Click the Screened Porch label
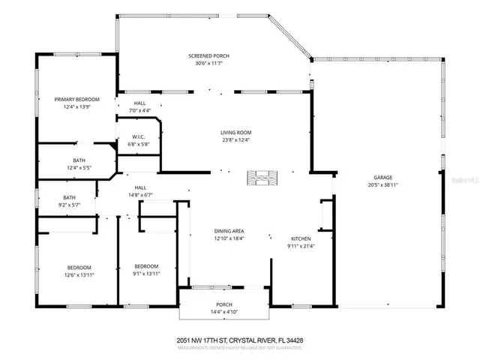[x=209, y=56]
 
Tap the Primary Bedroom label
[x=76, y=99]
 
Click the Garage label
[x=382, y=177]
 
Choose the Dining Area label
[x=228, y=231]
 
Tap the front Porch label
[x=222, y=304]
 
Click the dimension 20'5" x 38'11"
[x=382, y=184]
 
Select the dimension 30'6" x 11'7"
[x=209, y=64]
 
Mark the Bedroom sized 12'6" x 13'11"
[x=79, y=271]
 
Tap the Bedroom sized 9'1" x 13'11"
[x=146, y=270]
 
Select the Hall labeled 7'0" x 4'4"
[x=140, y=106]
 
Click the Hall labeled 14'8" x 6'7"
[x=140, y=191]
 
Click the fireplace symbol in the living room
[x=262, y=178]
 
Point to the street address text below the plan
[x=239, y=339]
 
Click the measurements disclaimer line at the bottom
[x=239, y=347]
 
